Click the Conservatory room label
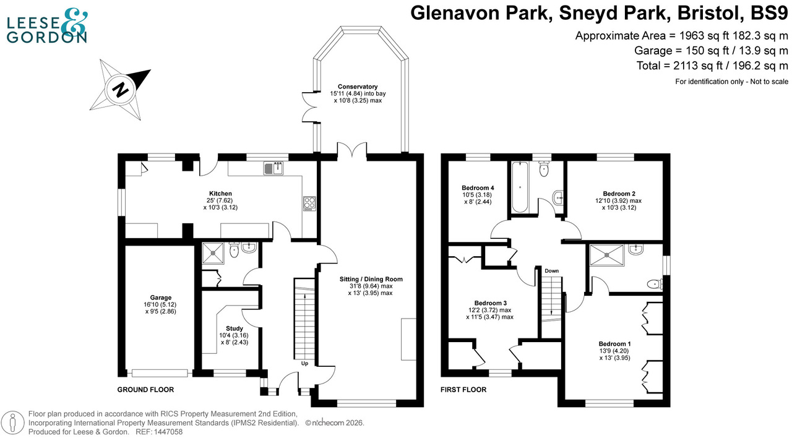point(357,87)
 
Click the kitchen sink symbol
point(273,168)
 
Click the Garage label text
point(160,298)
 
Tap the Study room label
point(235,328)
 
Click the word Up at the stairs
point(304,364)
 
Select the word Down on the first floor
point(551,271)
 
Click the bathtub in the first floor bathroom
point(518,187)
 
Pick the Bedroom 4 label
point(478,187)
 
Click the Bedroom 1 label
point(614,344)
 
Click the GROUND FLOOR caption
point(145,390)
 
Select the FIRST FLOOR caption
point(463,390)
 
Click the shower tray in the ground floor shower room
point(214,253)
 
